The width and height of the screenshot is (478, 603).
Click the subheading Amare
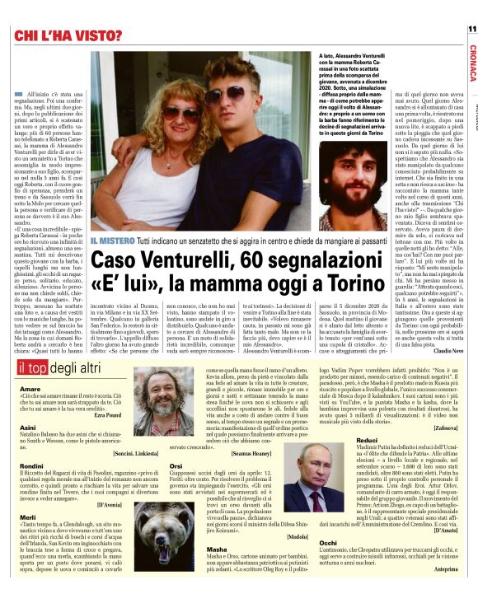pyautogui.click(x=30, y=387)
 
